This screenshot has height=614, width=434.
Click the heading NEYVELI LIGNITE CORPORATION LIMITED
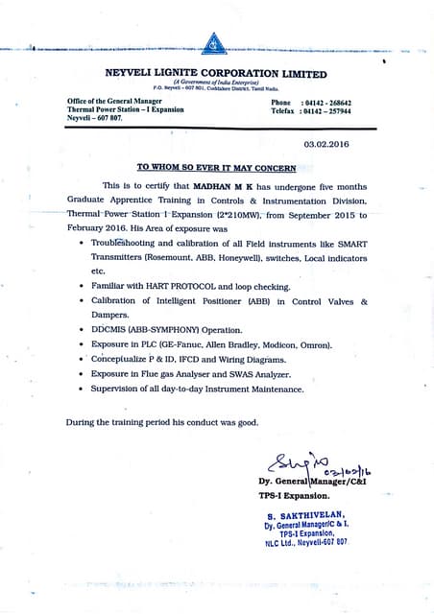coord(215,74)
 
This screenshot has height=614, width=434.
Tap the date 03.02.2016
coord(326,143)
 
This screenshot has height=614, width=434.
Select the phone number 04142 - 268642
coord(326,103)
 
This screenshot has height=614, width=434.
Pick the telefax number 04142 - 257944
coord(326,111)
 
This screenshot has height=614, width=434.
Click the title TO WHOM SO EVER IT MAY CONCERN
coord(216,165)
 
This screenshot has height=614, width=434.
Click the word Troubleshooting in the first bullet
coord(124,244)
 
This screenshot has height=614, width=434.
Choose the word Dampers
coord(112,315)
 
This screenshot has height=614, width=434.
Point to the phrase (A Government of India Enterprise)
coord(215,83)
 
